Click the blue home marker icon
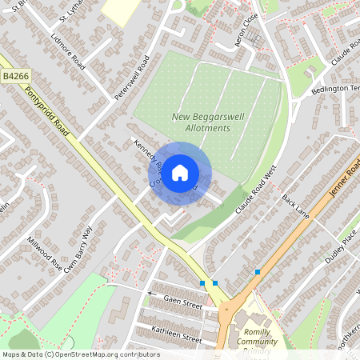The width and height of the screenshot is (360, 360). (180, 172)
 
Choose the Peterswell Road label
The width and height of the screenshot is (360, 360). (132, 78)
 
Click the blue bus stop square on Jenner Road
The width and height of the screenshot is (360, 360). (258, 273)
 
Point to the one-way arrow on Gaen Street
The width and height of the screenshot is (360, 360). (149, 294)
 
